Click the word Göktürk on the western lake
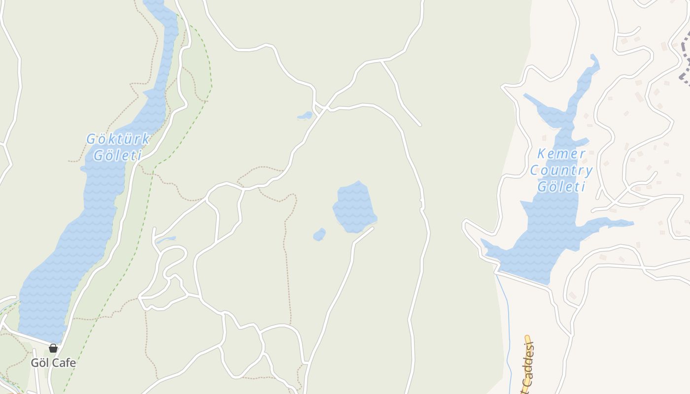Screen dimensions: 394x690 118,139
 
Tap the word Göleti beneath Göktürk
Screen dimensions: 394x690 118,156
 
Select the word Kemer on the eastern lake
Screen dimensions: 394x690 561,154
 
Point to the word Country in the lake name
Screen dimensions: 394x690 561,170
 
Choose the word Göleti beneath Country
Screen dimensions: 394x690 561,187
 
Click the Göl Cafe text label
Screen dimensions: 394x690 53,363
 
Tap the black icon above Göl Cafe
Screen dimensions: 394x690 53,349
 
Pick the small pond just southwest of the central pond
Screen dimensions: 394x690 319,234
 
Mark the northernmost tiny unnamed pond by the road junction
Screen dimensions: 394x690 306,116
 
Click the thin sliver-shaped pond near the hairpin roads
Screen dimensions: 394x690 166,240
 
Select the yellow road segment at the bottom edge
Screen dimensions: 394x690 525,387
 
